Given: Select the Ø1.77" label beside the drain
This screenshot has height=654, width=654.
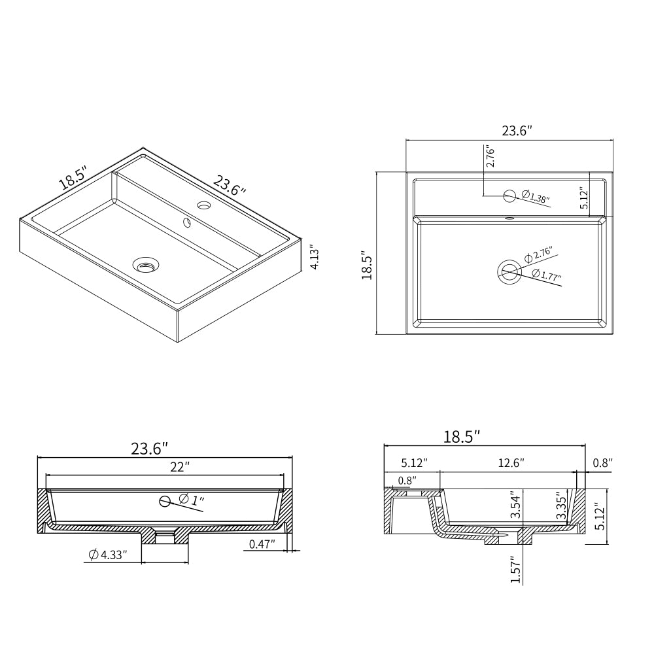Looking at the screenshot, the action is [547, 275].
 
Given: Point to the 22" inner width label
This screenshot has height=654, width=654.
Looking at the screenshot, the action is [180, 467].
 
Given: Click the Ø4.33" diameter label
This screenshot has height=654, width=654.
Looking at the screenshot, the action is [108, 555].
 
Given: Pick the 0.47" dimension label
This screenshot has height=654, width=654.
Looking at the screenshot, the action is [262, 544].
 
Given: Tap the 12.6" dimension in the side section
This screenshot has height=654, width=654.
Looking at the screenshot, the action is [511, 463].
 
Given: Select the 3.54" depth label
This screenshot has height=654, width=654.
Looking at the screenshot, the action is [517, 506].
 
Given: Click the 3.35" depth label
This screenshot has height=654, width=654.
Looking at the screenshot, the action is [561, 508].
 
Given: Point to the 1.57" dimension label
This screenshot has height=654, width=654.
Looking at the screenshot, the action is [516, 570].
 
